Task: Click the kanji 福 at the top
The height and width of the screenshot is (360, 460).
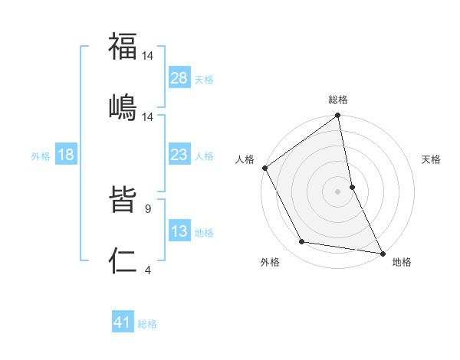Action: click(x=123, y=47)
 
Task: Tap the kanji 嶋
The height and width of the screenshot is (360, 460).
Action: click(x=123, y=106)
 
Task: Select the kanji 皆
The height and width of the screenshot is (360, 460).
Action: click(x=123, y=201)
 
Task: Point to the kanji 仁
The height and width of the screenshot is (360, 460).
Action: click(x=123, y=261)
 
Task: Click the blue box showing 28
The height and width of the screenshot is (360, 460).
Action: click(x=179, y=77)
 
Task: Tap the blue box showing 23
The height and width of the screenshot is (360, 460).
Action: click(x=179, y=155)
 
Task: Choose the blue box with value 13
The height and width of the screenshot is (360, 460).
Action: click(x=179, y=231)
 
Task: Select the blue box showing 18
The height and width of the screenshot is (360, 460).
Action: click(x=66, y=155)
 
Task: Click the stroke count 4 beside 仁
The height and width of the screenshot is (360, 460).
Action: click(x=147, y=270)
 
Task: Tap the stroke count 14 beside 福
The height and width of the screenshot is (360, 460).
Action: click(x=149, y=56)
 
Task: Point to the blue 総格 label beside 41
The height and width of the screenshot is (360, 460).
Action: click(x=147, y=324)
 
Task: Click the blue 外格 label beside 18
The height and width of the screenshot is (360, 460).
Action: click(x=41, y=155)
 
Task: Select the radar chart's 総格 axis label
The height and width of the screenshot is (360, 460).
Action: click(x=338, y=100)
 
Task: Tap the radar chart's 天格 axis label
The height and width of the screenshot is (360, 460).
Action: click(x=432, y=159)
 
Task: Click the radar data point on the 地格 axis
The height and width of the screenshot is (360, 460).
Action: click(x=381, y=252)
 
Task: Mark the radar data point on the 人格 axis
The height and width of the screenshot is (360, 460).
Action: click(x=265, y=168)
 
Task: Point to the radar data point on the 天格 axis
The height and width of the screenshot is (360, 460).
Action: click(x=352, y=186)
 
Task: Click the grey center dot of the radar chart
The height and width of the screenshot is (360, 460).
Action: click(x=338, y=191)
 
